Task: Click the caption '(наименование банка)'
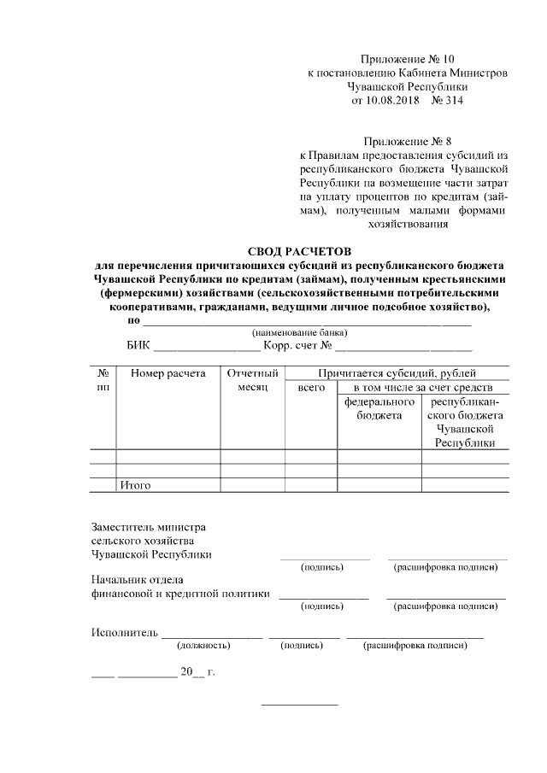point(298,332)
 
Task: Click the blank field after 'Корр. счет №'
point(403,348)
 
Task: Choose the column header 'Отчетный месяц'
point(253,380)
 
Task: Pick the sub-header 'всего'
point(311,388)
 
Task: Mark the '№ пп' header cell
point(103,380)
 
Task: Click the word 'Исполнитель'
point(125,633)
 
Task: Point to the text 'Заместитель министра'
point(148,527)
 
